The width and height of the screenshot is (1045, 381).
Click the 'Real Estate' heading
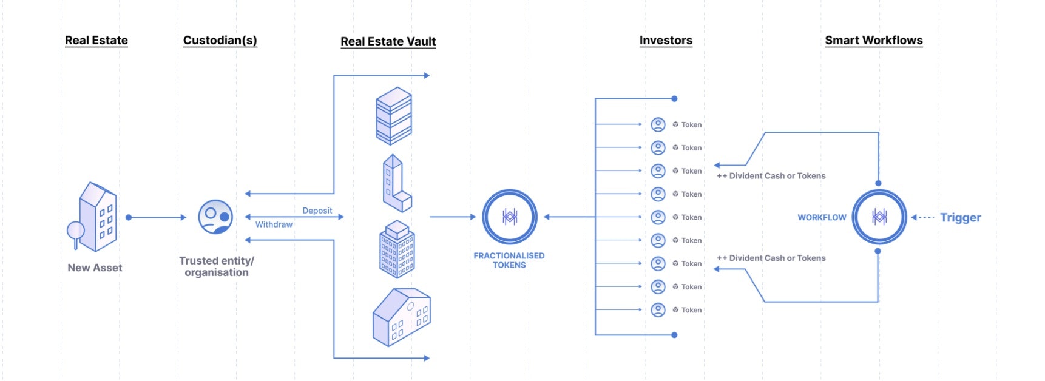[96, 41]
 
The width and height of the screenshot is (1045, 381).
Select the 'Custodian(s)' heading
[220, 41]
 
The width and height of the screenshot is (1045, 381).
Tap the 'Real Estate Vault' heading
[388, 42]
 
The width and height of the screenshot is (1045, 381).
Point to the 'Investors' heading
[665, 41]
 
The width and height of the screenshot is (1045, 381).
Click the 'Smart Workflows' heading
[873, 41]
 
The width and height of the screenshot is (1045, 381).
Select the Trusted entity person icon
[215, 217]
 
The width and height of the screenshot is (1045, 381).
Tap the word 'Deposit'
[317, 211]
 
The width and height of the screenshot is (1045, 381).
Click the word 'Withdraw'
[274, 224]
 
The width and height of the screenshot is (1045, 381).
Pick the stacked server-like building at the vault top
[394, 116]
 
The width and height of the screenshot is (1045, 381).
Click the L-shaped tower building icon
[396, 183]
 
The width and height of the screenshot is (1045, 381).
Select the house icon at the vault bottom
[401, 317]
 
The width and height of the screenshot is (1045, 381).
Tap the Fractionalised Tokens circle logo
[509, 217]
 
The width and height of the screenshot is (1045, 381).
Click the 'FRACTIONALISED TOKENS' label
[509, 260]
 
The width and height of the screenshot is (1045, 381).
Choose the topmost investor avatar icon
[658, 124]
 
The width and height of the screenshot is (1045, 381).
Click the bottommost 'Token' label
[691, 310]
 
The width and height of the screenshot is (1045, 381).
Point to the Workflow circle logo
[879, 217]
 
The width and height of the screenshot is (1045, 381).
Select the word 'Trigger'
[960, 217]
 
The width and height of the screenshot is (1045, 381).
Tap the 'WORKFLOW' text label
[821, 217]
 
